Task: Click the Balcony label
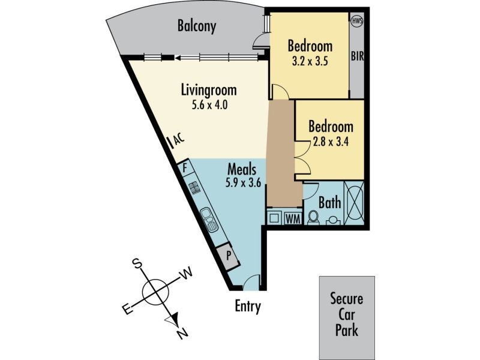[197, 26]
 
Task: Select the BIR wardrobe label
[358, 58]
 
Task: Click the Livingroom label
[209, 91]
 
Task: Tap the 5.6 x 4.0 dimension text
[209, 106]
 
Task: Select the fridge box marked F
[186, 167]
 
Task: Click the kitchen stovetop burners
[195, 190]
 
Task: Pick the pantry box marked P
[229, 255]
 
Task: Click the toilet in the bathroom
[313, 217]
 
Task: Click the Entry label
[248, 307]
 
